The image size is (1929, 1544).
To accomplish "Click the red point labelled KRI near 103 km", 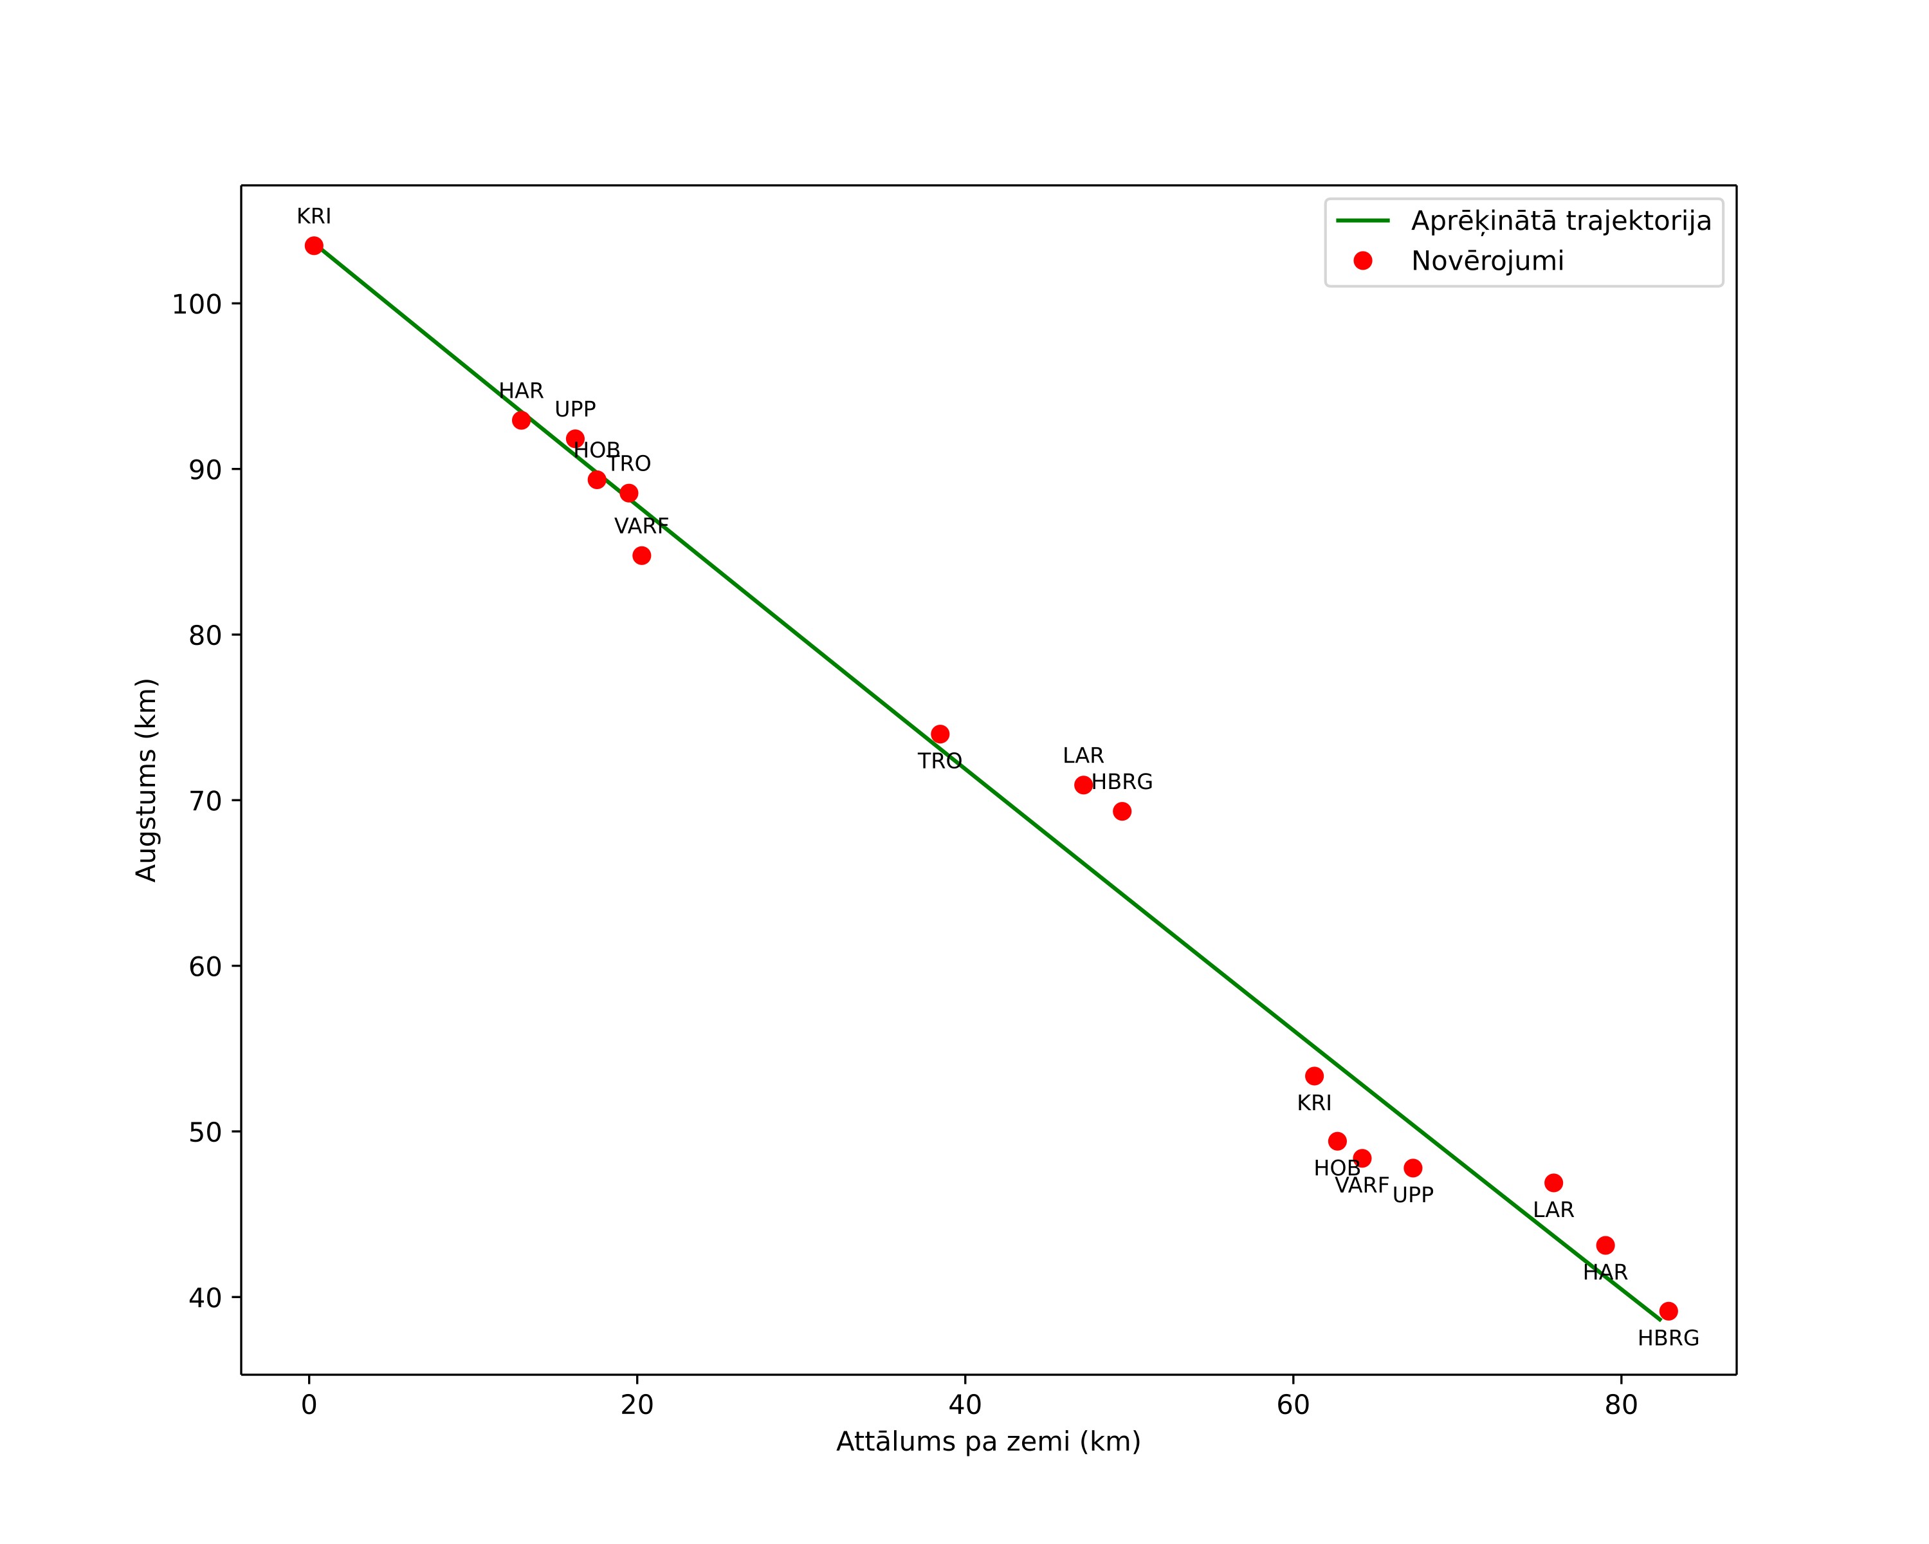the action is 314,246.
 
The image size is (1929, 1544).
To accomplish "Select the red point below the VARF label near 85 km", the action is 641,556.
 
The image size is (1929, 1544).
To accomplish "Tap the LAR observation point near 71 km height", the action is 1084,785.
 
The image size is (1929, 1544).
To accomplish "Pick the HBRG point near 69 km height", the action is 1122,812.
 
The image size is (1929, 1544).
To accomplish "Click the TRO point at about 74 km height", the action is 940,734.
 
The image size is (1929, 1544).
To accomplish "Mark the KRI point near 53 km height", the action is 1314,1076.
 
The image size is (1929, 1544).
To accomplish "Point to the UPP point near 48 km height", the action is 1412,1168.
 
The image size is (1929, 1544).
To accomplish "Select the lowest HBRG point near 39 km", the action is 1668,1311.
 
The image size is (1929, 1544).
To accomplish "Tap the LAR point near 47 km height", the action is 1554,1184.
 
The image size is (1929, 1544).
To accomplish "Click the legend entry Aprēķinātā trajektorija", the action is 1561,221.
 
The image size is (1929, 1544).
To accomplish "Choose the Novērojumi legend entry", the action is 1488,261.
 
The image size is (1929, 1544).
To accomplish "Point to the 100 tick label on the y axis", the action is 196,304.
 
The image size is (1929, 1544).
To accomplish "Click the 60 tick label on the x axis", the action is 1293,1405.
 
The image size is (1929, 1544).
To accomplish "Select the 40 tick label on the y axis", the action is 205,1298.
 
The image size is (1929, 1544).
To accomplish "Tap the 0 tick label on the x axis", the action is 309,1405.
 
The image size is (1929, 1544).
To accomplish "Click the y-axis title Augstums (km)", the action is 146,779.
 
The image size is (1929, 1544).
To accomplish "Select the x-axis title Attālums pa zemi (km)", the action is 989,1442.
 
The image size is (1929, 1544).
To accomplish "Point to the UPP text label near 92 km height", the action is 575,410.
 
